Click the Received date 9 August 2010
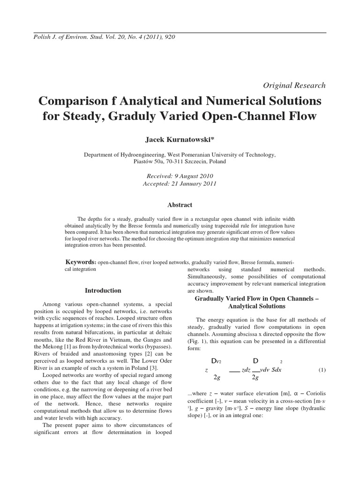click(x=180, y=176)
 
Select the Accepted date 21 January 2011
click(x=180, y=184)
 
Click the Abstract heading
click(x=180, y=205)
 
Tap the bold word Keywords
click(x=81, y=261)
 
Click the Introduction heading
click(x=103, y=290)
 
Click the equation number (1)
click(x=322, y=370)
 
